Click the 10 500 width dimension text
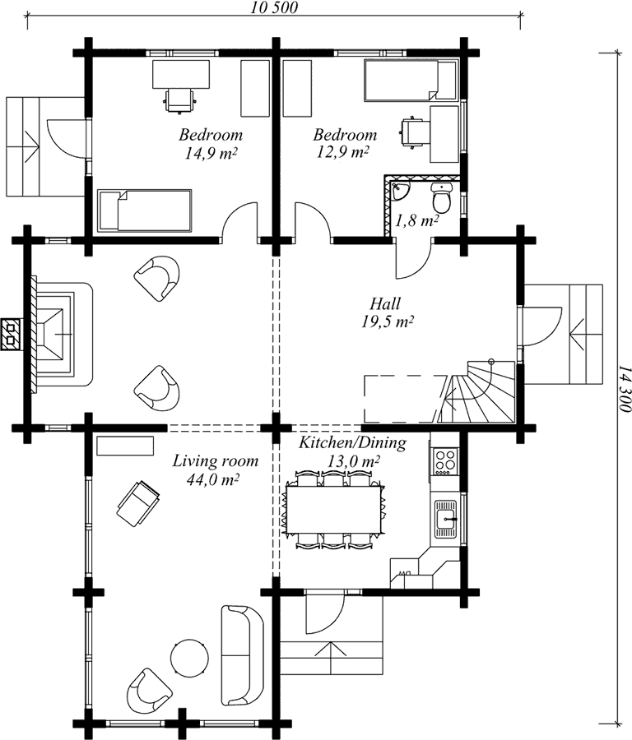(x=274, y=7)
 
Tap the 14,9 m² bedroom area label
(x=211, y=154)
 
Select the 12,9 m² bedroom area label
(x=343, y=152)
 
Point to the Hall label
(x=385, y=303)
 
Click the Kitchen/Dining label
(x=352, y=442)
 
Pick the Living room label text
(x=215, y=460)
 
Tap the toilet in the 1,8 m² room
(x=442, y=197)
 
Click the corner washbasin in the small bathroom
(x=400, y=190)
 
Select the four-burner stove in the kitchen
(x=445, y=461)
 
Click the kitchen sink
(x=446, y=519)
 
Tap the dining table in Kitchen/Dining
(x=332, y=509)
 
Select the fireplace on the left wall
(x=59, y=334)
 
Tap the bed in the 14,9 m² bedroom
(x=145, y=210)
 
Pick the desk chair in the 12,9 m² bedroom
(x=412, y=132)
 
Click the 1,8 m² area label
(x=417, y=220)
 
